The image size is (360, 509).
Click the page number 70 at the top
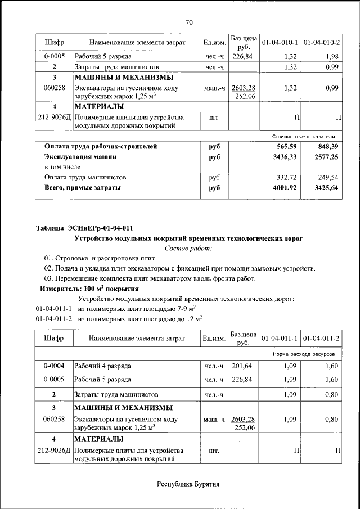click(x=189, y=22)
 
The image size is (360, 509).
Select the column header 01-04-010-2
click(x=322, y=43)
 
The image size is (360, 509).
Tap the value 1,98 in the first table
click(x=330, y=57)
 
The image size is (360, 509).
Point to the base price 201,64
click(x=243, y=366)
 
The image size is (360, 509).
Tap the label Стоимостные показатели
click(x=303, y=136)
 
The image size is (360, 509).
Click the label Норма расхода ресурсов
click(x=304, y=355)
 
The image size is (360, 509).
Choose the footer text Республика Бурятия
click(x=188, y=484)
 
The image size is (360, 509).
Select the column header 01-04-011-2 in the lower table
click(x=322, y=339)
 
